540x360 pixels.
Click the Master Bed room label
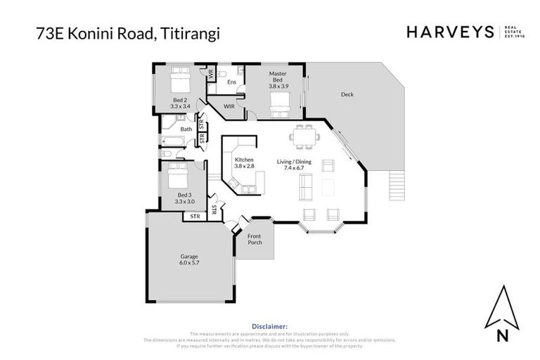(x=278, y=77)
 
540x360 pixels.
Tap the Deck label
(x=347, y=94)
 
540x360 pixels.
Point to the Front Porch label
(x=254, y=239)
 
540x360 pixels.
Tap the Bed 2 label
(x=180, y=104)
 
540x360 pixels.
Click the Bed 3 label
(x=184, y=198)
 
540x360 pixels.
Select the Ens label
(x=231, y=82)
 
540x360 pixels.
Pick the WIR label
(x=229, y=106)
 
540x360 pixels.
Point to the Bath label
(x=186, y=129)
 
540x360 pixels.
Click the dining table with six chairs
(x=304, y=136)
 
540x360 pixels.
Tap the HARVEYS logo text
(x=451, y=32)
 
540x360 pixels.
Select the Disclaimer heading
(x=269, y=326)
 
